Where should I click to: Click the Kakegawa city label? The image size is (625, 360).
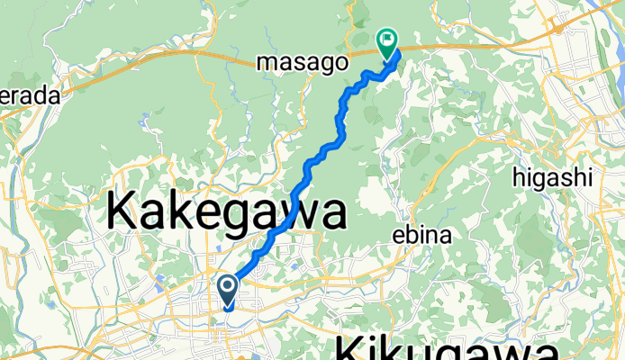pos(227,213)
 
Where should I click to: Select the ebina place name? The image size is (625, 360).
pos(421,236)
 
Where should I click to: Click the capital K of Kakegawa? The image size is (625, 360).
pos(123,213)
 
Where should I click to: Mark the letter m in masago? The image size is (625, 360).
pos(267,64)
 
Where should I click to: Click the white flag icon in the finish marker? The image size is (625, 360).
pos(388,39)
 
